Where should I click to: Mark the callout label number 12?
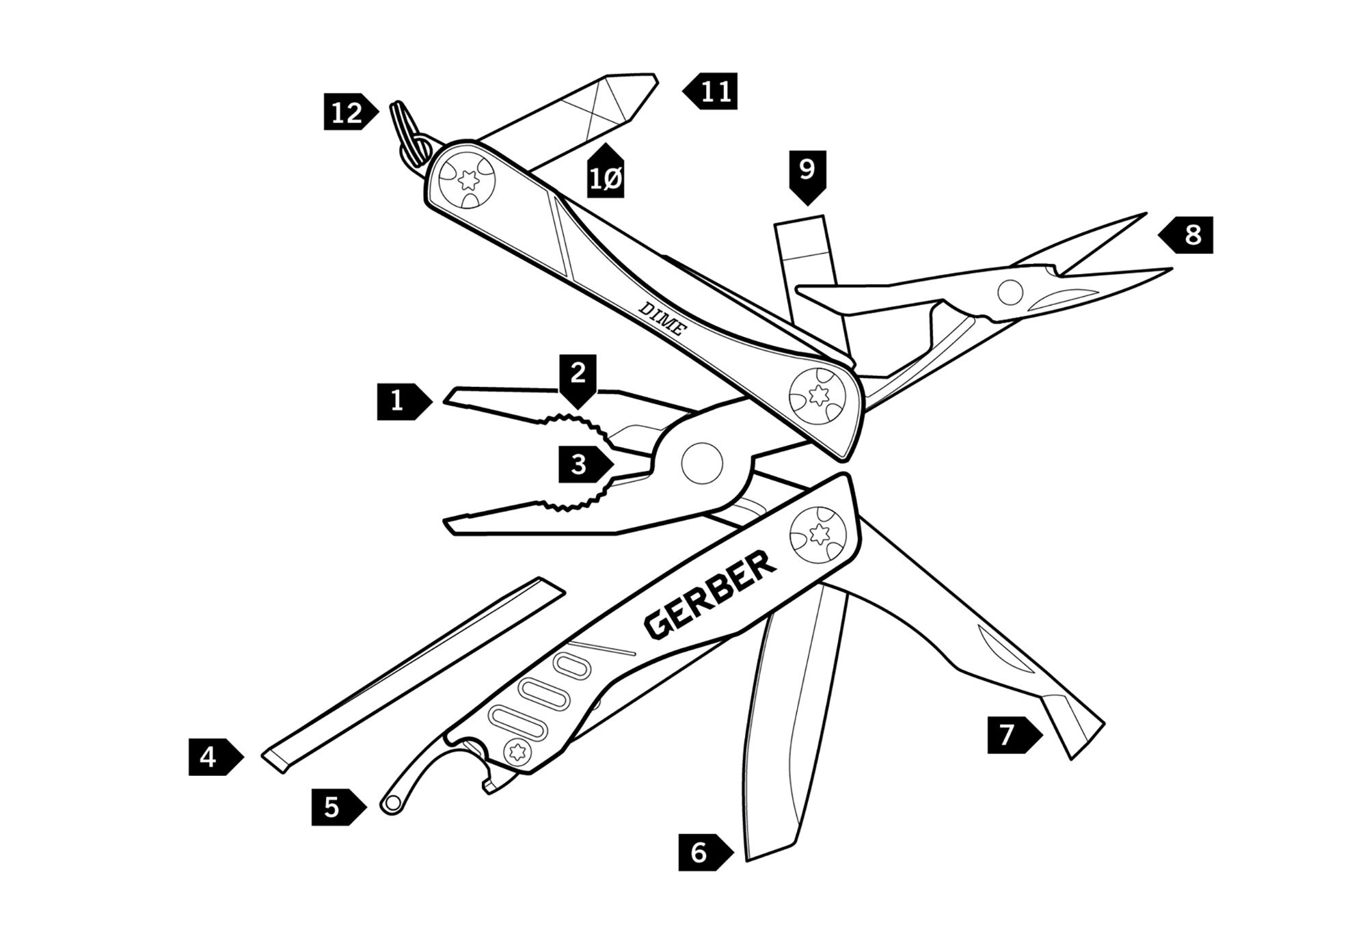(348, 112)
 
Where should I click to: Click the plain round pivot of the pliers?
(702, 463)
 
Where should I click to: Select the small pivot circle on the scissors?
(1010, 293)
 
